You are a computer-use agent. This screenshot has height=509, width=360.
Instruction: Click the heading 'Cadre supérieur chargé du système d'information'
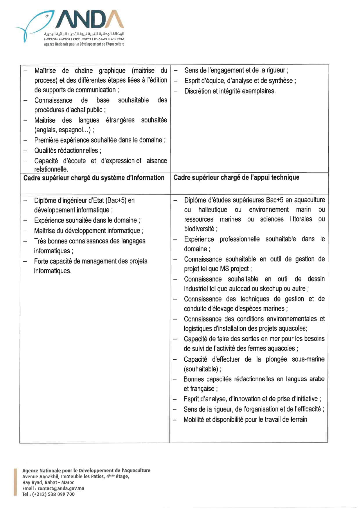pyautogui.click(x=94, y=178)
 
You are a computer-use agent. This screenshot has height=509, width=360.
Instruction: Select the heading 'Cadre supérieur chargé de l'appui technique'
pyautogui.click(x=236, y=177)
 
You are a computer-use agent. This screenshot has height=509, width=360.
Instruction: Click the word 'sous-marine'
pyautogui.click(x=308, y=359)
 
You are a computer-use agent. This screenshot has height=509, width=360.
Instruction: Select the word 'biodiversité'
pyautogui.click(x=199, y=229)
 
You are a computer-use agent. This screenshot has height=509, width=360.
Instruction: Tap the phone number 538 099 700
pyautogui.click(x=58, y=494)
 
